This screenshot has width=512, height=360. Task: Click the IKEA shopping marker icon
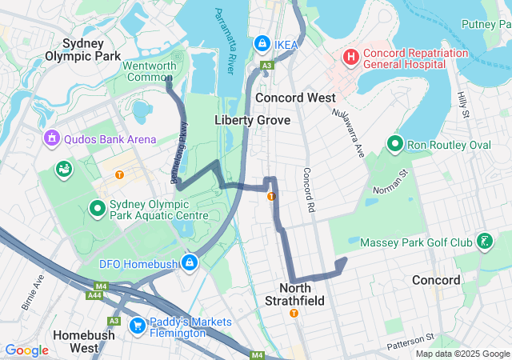pos(262,42)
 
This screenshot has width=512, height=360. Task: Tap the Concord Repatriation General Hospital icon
pos(350,57)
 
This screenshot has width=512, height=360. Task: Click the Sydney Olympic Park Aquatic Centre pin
pos(98,209)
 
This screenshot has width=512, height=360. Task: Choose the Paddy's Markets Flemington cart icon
pos(137,325)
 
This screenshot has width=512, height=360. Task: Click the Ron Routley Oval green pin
pos(394,144)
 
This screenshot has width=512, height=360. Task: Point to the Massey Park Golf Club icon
pos(484,241)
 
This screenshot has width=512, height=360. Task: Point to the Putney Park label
pos(486,25)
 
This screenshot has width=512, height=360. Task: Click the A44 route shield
pos(94,294)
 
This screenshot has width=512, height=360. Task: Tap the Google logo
pos(26,350)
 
